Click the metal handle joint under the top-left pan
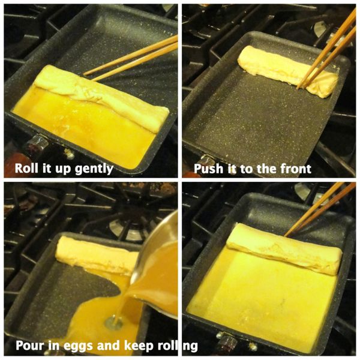36,143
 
